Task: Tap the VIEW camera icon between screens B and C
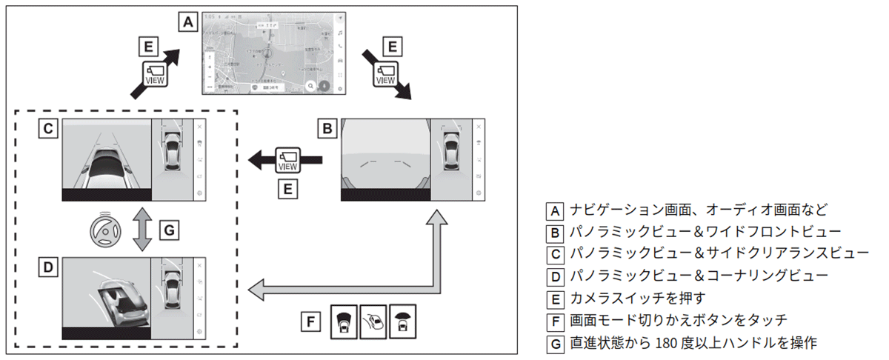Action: [287, 159]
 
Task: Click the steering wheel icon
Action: [105, 231]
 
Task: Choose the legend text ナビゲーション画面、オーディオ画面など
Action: [699, 210]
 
